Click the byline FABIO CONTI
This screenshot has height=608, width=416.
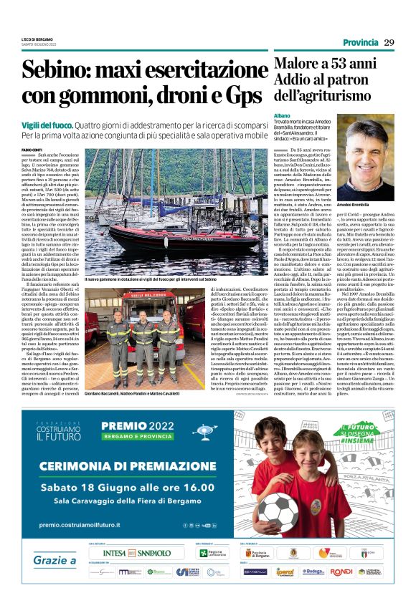(32, 149)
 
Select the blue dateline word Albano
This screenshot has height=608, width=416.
(282, 115)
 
